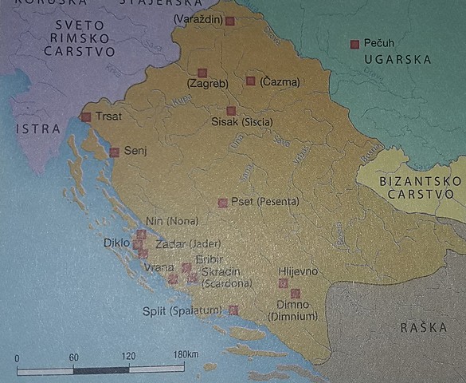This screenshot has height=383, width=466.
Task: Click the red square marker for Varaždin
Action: (x=229, y=22)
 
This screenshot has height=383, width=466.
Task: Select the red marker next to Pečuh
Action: (x=354, y=44)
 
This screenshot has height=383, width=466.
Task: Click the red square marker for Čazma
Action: (x=250, y=81)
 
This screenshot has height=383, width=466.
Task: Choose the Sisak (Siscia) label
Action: (x=242, y=122)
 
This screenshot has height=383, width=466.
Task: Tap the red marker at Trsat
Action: (x=86, y=117)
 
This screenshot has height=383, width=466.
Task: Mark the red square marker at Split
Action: (x=233, y=310)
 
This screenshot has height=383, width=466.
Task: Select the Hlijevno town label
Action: (x=297, y=271)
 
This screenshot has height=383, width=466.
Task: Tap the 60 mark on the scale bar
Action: (x=73, y=357)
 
